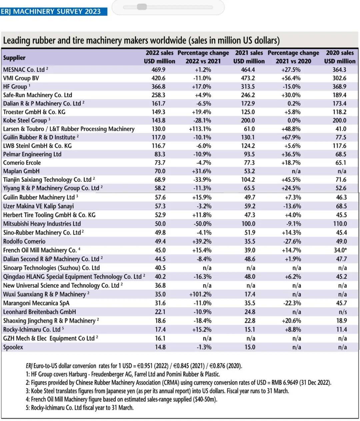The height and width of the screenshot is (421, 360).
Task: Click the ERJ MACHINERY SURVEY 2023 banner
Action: [54, 11]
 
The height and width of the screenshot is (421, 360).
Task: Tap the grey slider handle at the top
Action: [142, 7]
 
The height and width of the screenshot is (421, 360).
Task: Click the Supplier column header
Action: [14, 58]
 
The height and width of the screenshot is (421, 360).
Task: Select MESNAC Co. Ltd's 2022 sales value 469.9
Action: [158, 70]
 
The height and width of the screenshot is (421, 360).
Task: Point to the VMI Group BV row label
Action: [21, 78]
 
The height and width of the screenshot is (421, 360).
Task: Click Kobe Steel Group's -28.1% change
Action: [202, 120]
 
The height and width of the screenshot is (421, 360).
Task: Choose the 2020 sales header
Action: [340, 57]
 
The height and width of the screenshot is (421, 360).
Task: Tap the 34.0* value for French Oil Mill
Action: [340, 250]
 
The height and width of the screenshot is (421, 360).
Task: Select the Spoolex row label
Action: [13, 347]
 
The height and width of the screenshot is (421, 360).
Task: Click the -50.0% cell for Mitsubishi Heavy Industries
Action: [203, 224]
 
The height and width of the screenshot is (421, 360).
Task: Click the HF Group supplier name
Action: [15, 87]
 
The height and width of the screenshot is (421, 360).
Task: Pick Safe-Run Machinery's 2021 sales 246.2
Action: [248, 95]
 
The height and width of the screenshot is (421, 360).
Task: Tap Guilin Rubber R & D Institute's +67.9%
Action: [291, 137]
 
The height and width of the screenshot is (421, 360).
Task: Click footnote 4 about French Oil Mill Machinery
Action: [121, 399]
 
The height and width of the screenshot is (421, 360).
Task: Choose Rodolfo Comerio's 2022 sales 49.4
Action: [160, 241]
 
